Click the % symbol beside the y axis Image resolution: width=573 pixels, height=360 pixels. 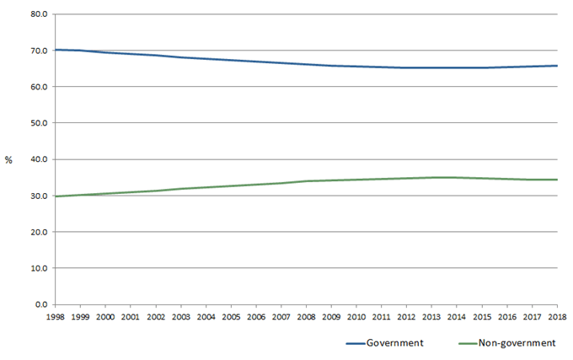click(x=8, y=160)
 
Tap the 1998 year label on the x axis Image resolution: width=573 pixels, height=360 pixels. click(x=55, y=316)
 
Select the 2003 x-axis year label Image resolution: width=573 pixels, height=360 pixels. click(x=180, y=316)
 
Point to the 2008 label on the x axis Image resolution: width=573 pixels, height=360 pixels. click(x=306, y=316)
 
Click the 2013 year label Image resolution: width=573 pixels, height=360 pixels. click(x=431, y=316)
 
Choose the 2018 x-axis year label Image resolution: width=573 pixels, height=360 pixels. click(x=557, y=316)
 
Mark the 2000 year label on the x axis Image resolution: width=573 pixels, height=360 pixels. click(x=105, y=316)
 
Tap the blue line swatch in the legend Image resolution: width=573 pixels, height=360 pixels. click(x=358, y=343)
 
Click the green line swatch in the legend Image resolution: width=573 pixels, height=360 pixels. click(x=464, y=343)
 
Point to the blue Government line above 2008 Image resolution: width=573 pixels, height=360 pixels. click(x=306, y=63)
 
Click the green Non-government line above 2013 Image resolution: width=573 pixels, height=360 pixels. click(x=431, y=177)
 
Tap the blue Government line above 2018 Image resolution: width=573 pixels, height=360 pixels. click(x=556, y=66)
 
